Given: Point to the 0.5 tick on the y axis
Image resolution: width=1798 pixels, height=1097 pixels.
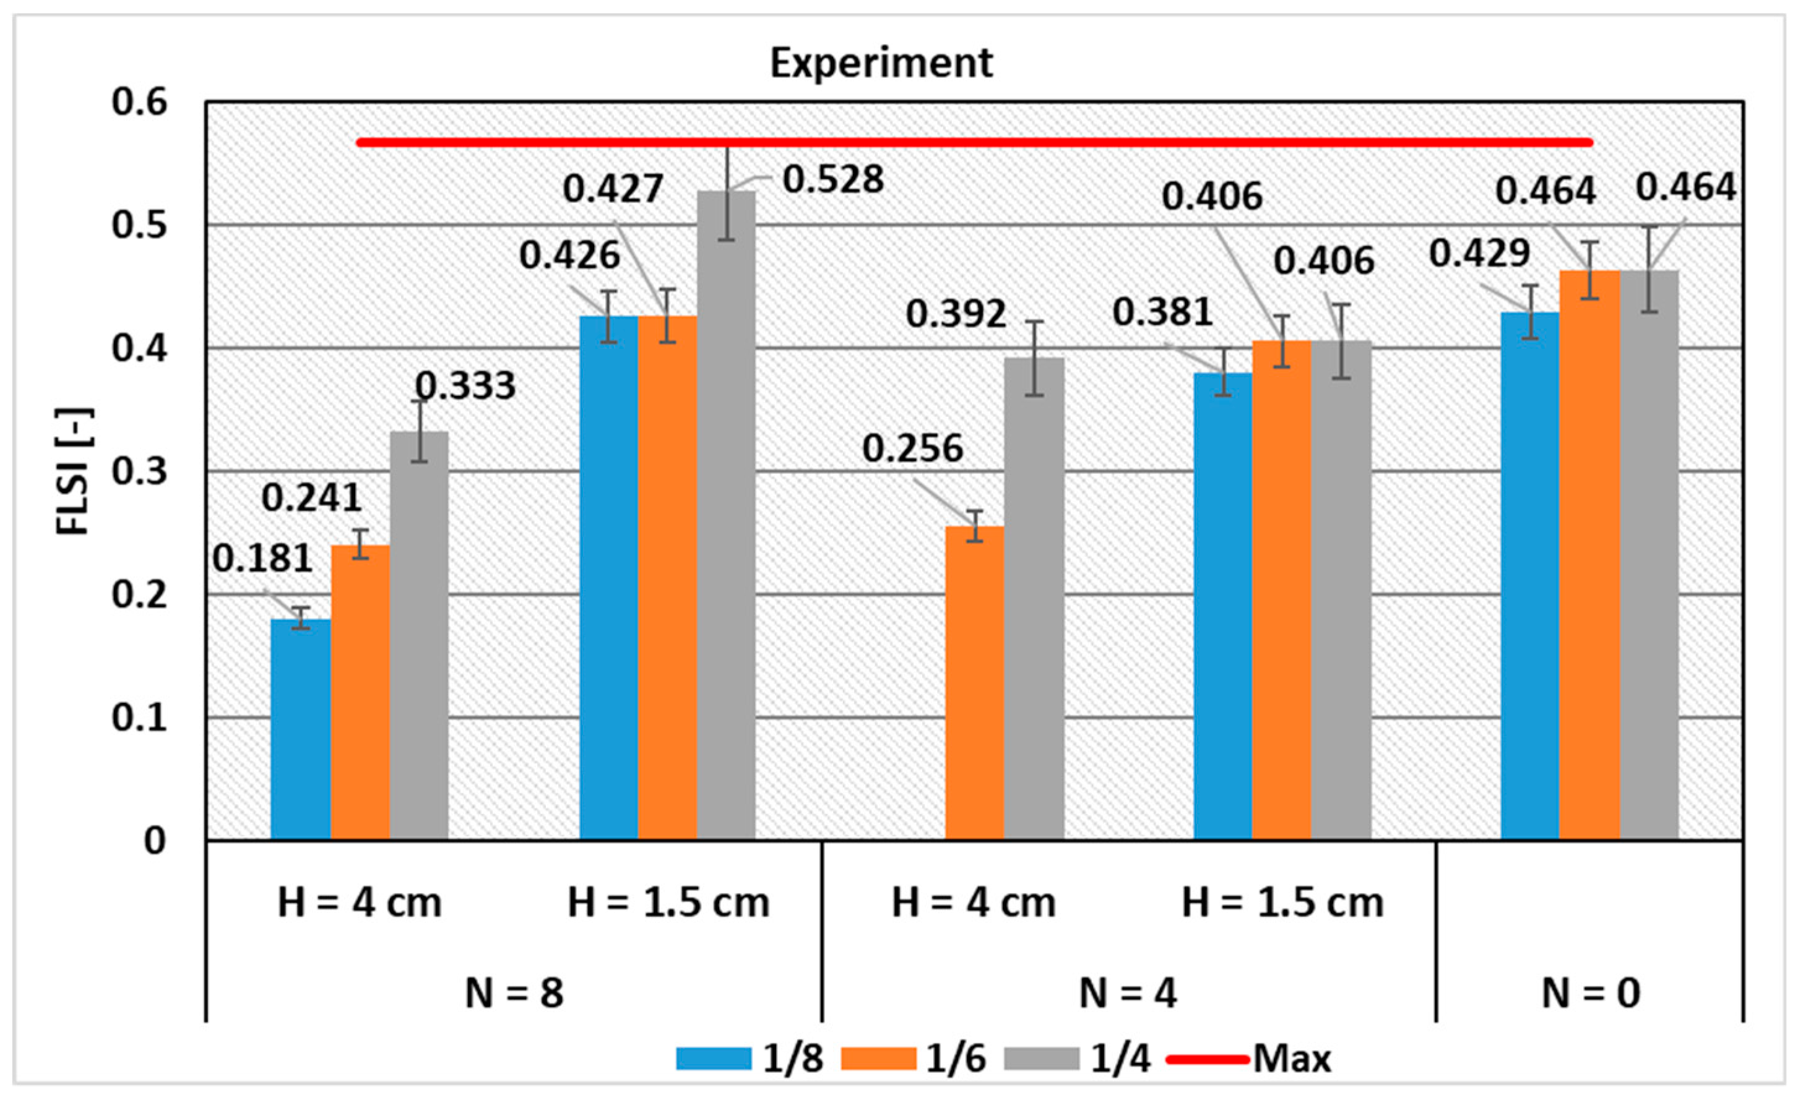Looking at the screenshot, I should [139, 225].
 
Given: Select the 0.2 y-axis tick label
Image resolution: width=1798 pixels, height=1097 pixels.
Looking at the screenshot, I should [139, 595].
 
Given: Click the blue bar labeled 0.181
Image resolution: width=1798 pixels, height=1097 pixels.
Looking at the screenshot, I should [301, 729].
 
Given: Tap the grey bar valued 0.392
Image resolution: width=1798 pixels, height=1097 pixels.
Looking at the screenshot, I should [1034, 598].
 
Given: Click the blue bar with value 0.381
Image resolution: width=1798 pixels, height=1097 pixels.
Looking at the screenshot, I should [1223, 605].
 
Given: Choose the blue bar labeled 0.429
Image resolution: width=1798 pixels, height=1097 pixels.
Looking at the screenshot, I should [1530, 576].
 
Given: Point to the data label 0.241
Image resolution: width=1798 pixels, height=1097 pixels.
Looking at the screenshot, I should [311, 498].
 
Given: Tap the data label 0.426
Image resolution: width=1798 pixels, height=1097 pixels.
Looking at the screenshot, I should [569, 256].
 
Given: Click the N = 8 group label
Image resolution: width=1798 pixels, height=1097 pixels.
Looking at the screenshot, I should [514, 992].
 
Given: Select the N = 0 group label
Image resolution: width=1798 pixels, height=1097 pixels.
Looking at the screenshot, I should [1591, 992].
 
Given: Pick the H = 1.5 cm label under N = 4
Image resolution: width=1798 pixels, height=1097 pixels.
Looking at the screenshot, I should [1282, 903].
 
